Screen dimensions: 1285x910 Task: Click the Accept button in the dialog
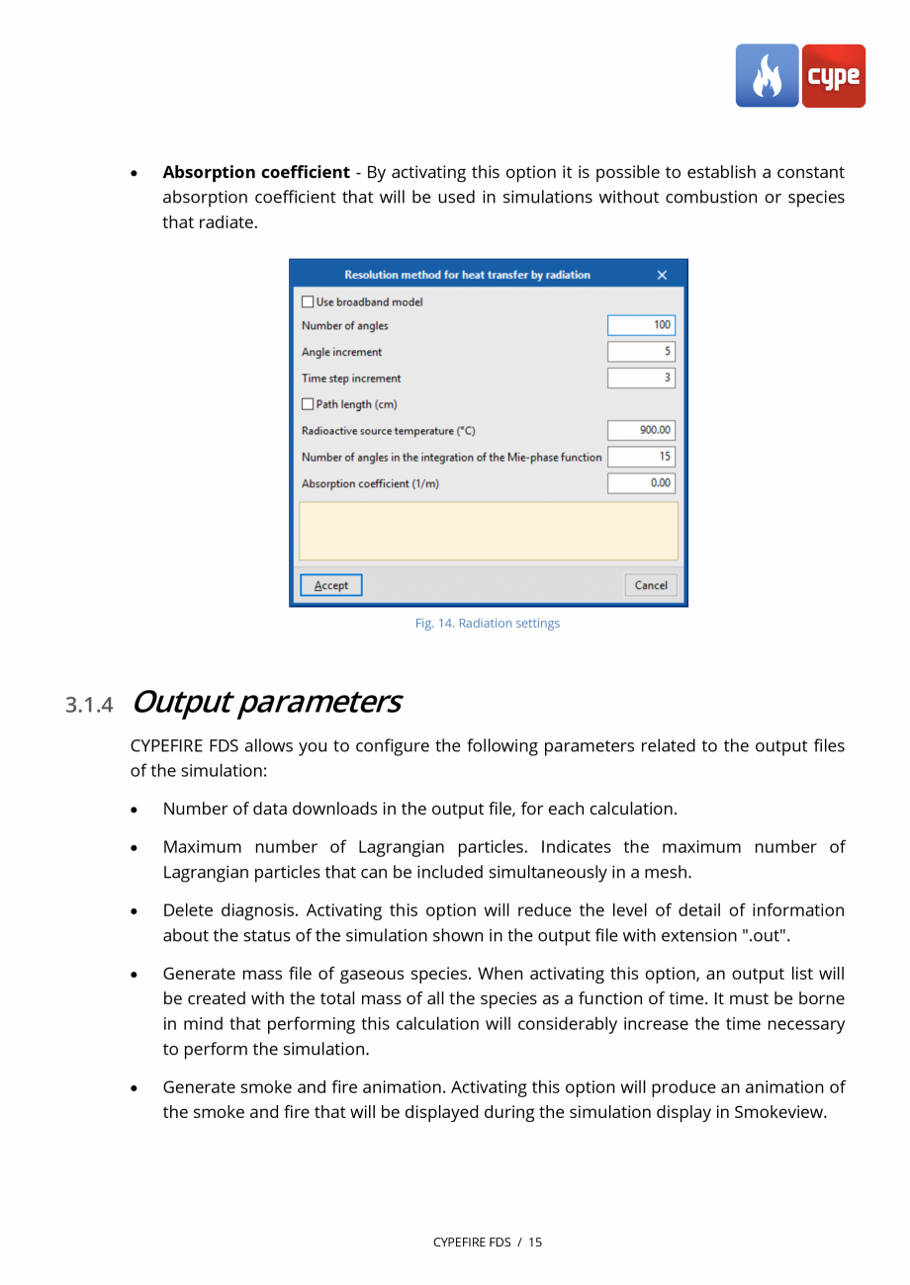[331, 585]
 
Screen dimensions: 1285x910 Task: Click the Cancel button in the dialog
[651, 585]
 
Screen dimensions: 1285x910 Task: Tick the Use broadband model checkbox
[308, 302]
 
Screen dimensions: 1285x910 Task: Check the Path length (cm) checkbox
[308, 404]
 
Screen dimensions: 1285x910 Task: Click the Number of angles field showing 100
[642, 325]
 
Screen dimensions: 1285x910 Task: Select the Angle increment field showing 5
[642, 352]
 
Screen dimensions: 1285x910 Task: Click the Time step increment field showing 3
[642, 378]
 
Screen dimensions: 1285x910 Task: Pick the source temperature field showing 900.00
[642, 431]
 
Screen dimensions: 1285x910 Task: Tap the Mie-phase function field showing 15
[642, 457]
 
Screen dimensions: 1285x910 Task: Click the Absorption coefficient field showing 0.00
[642, 483]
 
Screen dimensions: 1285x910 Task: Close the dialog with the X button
[662, 275]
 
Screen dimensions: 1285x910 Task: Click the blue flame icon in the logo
[767, 76]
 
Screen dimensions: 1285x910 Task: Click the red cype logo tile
[833, 76]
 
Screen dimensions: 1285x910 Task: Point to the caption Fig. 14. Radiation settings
[487, 624]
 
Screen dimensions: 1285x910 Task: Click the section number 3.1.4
[90, 705]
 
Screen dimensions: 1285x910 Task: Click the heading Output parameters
[265, 702]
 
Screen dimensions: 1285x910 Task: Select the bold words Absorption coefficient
[256, 172]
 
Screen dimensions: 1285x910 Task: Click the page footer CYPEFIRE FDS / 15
[487, 1242]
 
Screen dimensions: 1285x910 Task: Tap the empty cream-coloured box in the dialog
[489, 531]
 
